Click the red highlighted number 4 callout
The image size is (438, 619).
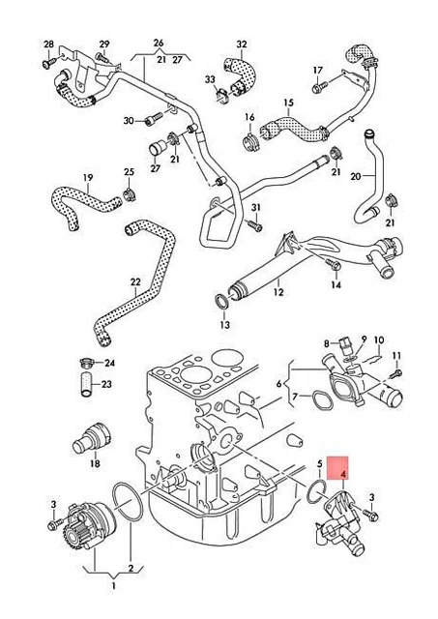click(x=344, y=474)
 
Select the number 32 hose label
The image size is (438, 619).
click(x=242, y=44)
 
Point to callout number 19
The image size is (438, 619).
click(x=87, y=177)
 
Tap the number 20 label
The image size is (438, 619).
click(x=355, y=176)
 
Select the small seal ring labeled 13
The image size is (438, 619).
click(x=221, y=305)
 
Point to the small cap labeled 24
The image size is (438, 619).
click(x=87, y=364)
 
